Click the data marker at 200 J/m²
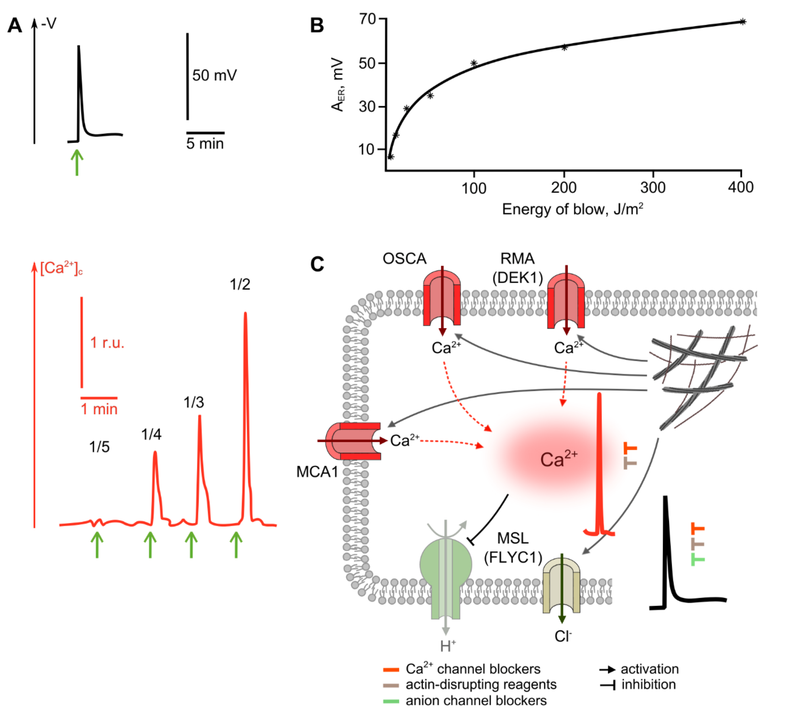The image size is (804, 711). click(x=564, y=47)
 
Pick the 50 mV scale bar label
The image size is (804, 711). click(x=214, y=75)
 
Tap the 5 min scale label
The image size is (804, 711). click(x=205, y=144)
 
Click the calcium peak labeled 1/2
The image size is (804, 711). click(x=245, y=315)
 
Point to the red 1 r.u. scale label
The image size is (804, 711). click(x=107, y=343)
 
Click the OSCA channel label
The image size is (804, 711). click(x=404, y=259)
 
